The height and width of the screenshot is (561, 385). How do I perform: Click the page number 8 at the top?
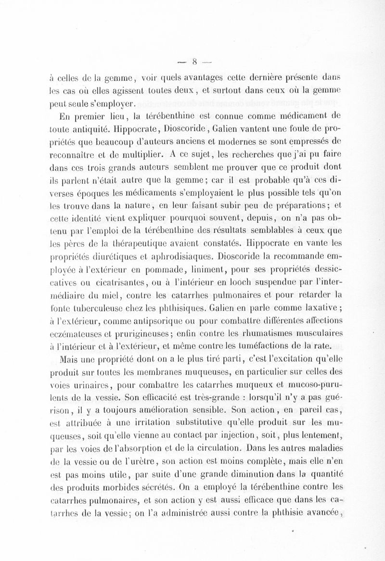pos(196,61)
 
